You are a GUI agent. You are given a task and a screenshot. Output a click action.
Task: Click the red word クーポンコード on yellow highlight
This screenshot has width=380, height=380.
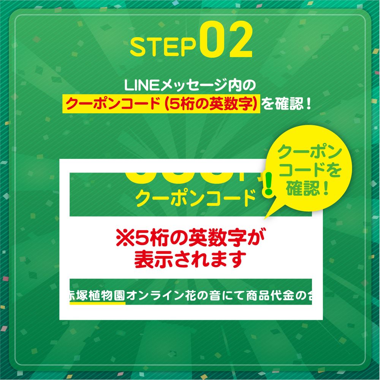tap(109, 104)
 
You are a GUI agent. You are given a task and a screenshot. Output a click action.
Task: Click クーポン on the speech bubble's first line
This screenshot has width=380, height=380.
tap(308, 153)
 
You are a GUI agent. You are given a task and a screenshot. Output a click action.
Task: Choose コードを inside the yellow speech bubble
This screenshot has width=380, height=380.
tap(308, 171)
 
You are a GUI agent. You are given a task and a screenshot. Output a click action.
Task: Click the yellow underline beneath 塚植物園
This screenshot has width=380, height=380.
tap(97, 304)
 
